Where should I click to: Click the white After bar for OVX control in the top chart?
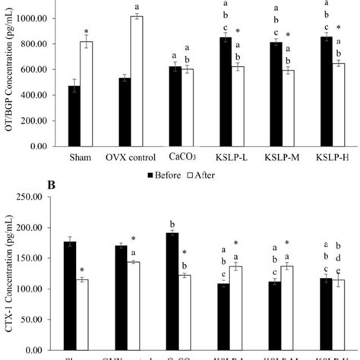156,81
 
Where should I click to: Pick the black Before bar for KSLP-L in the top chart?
226,92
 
